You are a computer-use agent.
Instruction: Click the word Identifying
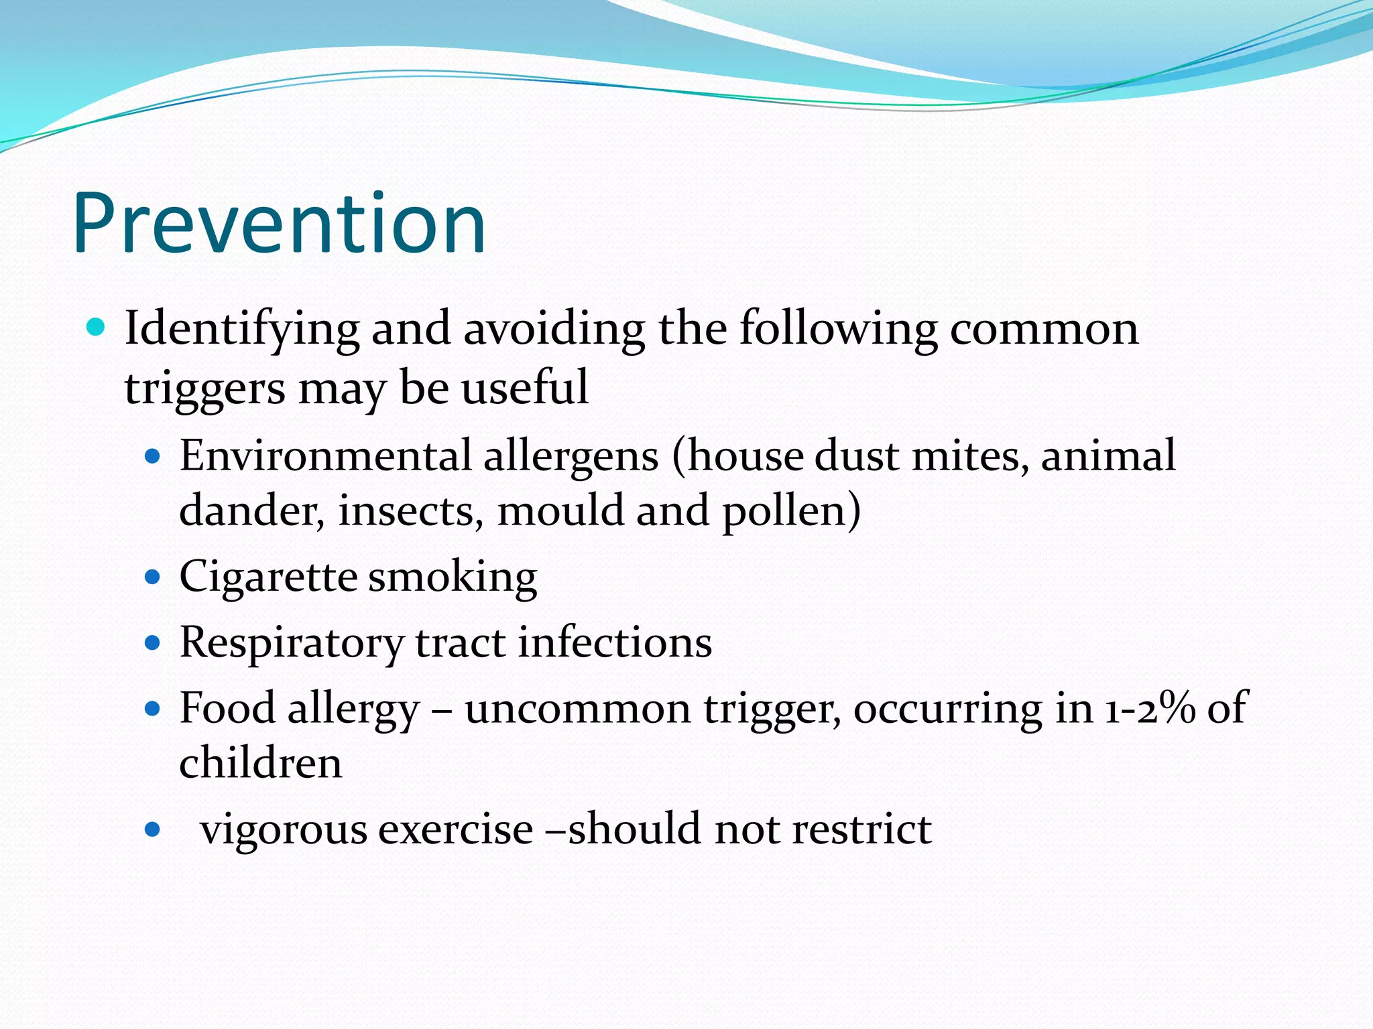click(241, 330)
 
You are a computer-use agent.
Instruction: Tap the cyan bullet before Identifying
click(97, 327)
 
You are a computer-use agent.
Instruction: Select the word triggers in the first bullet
click(204, 389)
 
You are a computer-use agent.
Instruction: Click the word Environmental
click(325, 456)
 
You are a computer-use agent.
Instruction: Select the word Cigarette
click(268, 577)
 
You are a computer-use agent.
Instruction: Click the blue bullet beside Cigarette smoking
click(153, 577)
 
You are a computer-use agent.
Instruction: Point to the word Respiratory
click(292, 642)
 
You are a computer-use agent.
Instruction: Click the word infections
click(615, 642)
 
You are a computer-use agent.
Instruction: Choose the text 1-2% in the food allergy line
click(1149, 708)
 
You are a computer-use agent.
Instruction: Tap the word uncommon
click(577, 708)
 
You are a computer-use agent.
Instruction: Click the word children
click(261, 763)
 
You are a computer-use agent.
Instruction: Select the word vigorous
click(284, 830)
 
